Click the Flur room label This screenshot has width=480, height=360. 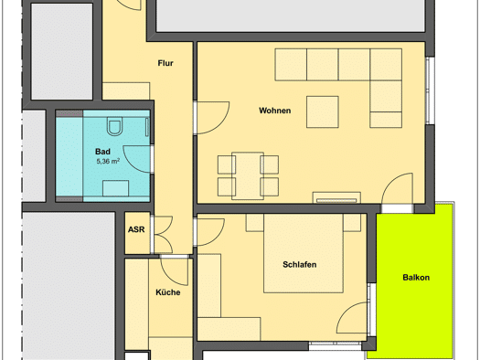[x=165, y=63]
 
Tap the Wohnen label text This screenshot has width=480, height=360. [x=274, y=111]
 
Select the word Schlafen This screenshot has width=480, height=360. [x=299, y=265]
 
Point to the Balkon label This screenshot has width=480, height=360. [x=416, y=278]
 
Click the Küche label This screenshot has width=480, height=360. [x=167, y=292]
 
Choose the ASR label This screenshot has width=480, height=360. [x=136, y=229]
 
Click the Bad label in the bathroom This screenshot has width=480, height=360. [x=102, y=152]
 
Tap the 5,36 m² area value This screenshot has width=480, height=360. [x=108, y=161]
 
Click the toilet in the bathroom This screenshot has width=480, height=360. [x=114, y=126]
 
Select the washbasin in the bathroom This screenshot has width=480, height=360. [x=115, y=188]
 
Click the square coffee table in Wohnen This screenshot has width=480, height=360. [x=323, y=112]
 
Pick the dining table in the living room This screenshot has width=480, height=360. [x=248, y=175]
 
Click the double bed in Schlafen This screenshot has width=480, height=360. [x=303, y=253]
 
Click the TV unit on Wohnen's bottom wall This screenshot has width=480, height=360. [x=336, y=197]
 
